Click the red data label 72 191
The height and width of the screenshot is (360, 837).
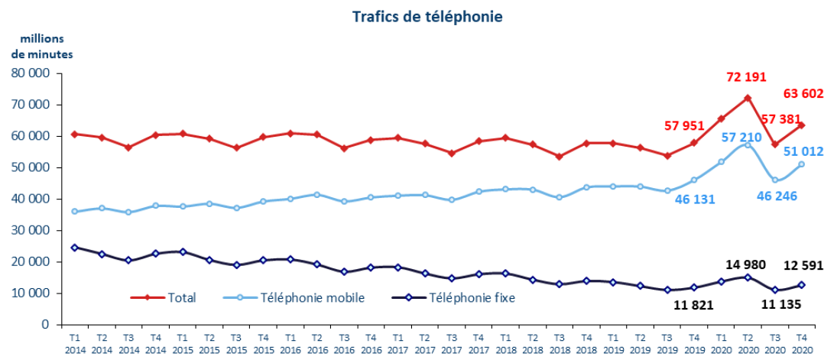coord(745,77)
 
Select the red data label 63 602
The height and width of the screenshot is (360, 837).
coord(803,95)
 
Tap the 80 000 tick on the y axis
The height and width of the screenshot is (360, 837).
coord(31,73)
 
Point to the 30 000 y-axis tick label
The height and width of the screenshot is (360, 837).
coord(31,230)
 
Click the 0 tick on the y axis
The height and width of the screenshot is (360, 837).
coord(45,324)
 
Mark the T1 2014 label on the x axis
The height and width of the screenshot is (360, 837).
coord(75,342)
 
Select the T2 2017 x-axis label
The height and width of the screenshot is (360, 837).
coord(425,342)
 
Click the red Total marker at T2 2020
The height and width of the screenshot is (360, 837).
coord(748,98)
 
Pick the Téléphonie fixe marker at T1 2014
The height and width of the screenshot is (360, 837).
coord(75,248)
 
